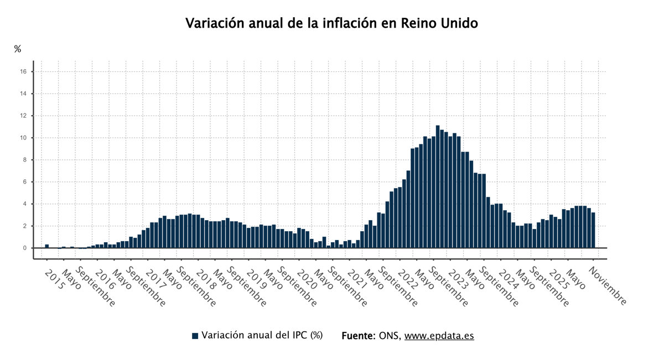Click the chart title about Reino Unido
tap(331, 23)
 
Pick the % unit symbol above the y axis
tap(18, 49)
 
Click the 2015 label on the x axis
tap(54, 279)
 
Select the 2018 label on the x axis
tap(205, 279)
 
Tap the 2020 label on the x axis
tap(307, 279)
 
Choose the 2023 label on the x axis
tap(458, 279)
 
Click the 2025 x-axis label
tap(559, 279)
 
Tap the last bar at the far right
tap(593, 231)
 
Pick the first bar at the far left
tap(47, 246)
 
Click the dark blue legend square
tap(195, 336)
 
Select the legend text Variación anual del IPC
tap(262, 335)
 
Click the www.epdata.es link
tap(439, 336)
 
